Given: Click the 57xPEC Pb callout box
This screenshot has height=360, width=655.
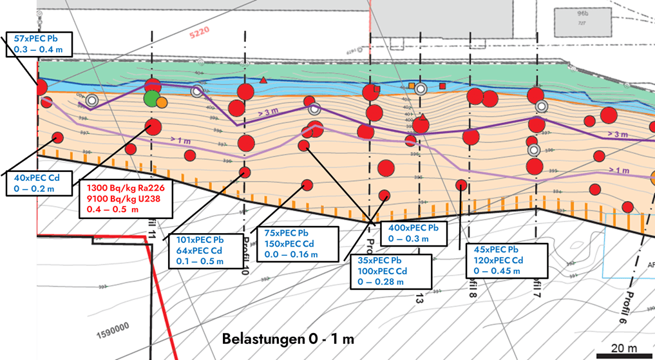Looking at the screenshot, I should (39, 43).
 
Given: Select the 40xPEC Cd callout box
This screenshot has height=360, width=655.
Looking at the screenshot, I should (40, 184).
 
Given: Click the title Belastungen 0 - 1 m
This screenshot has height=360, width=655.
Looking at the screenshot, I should (288, 338).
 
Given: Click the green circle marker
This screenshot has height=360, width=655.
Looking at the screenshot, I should (152, 99).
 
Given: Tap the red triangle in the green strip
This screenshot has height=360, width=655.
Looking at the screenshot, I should (263, 81).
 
